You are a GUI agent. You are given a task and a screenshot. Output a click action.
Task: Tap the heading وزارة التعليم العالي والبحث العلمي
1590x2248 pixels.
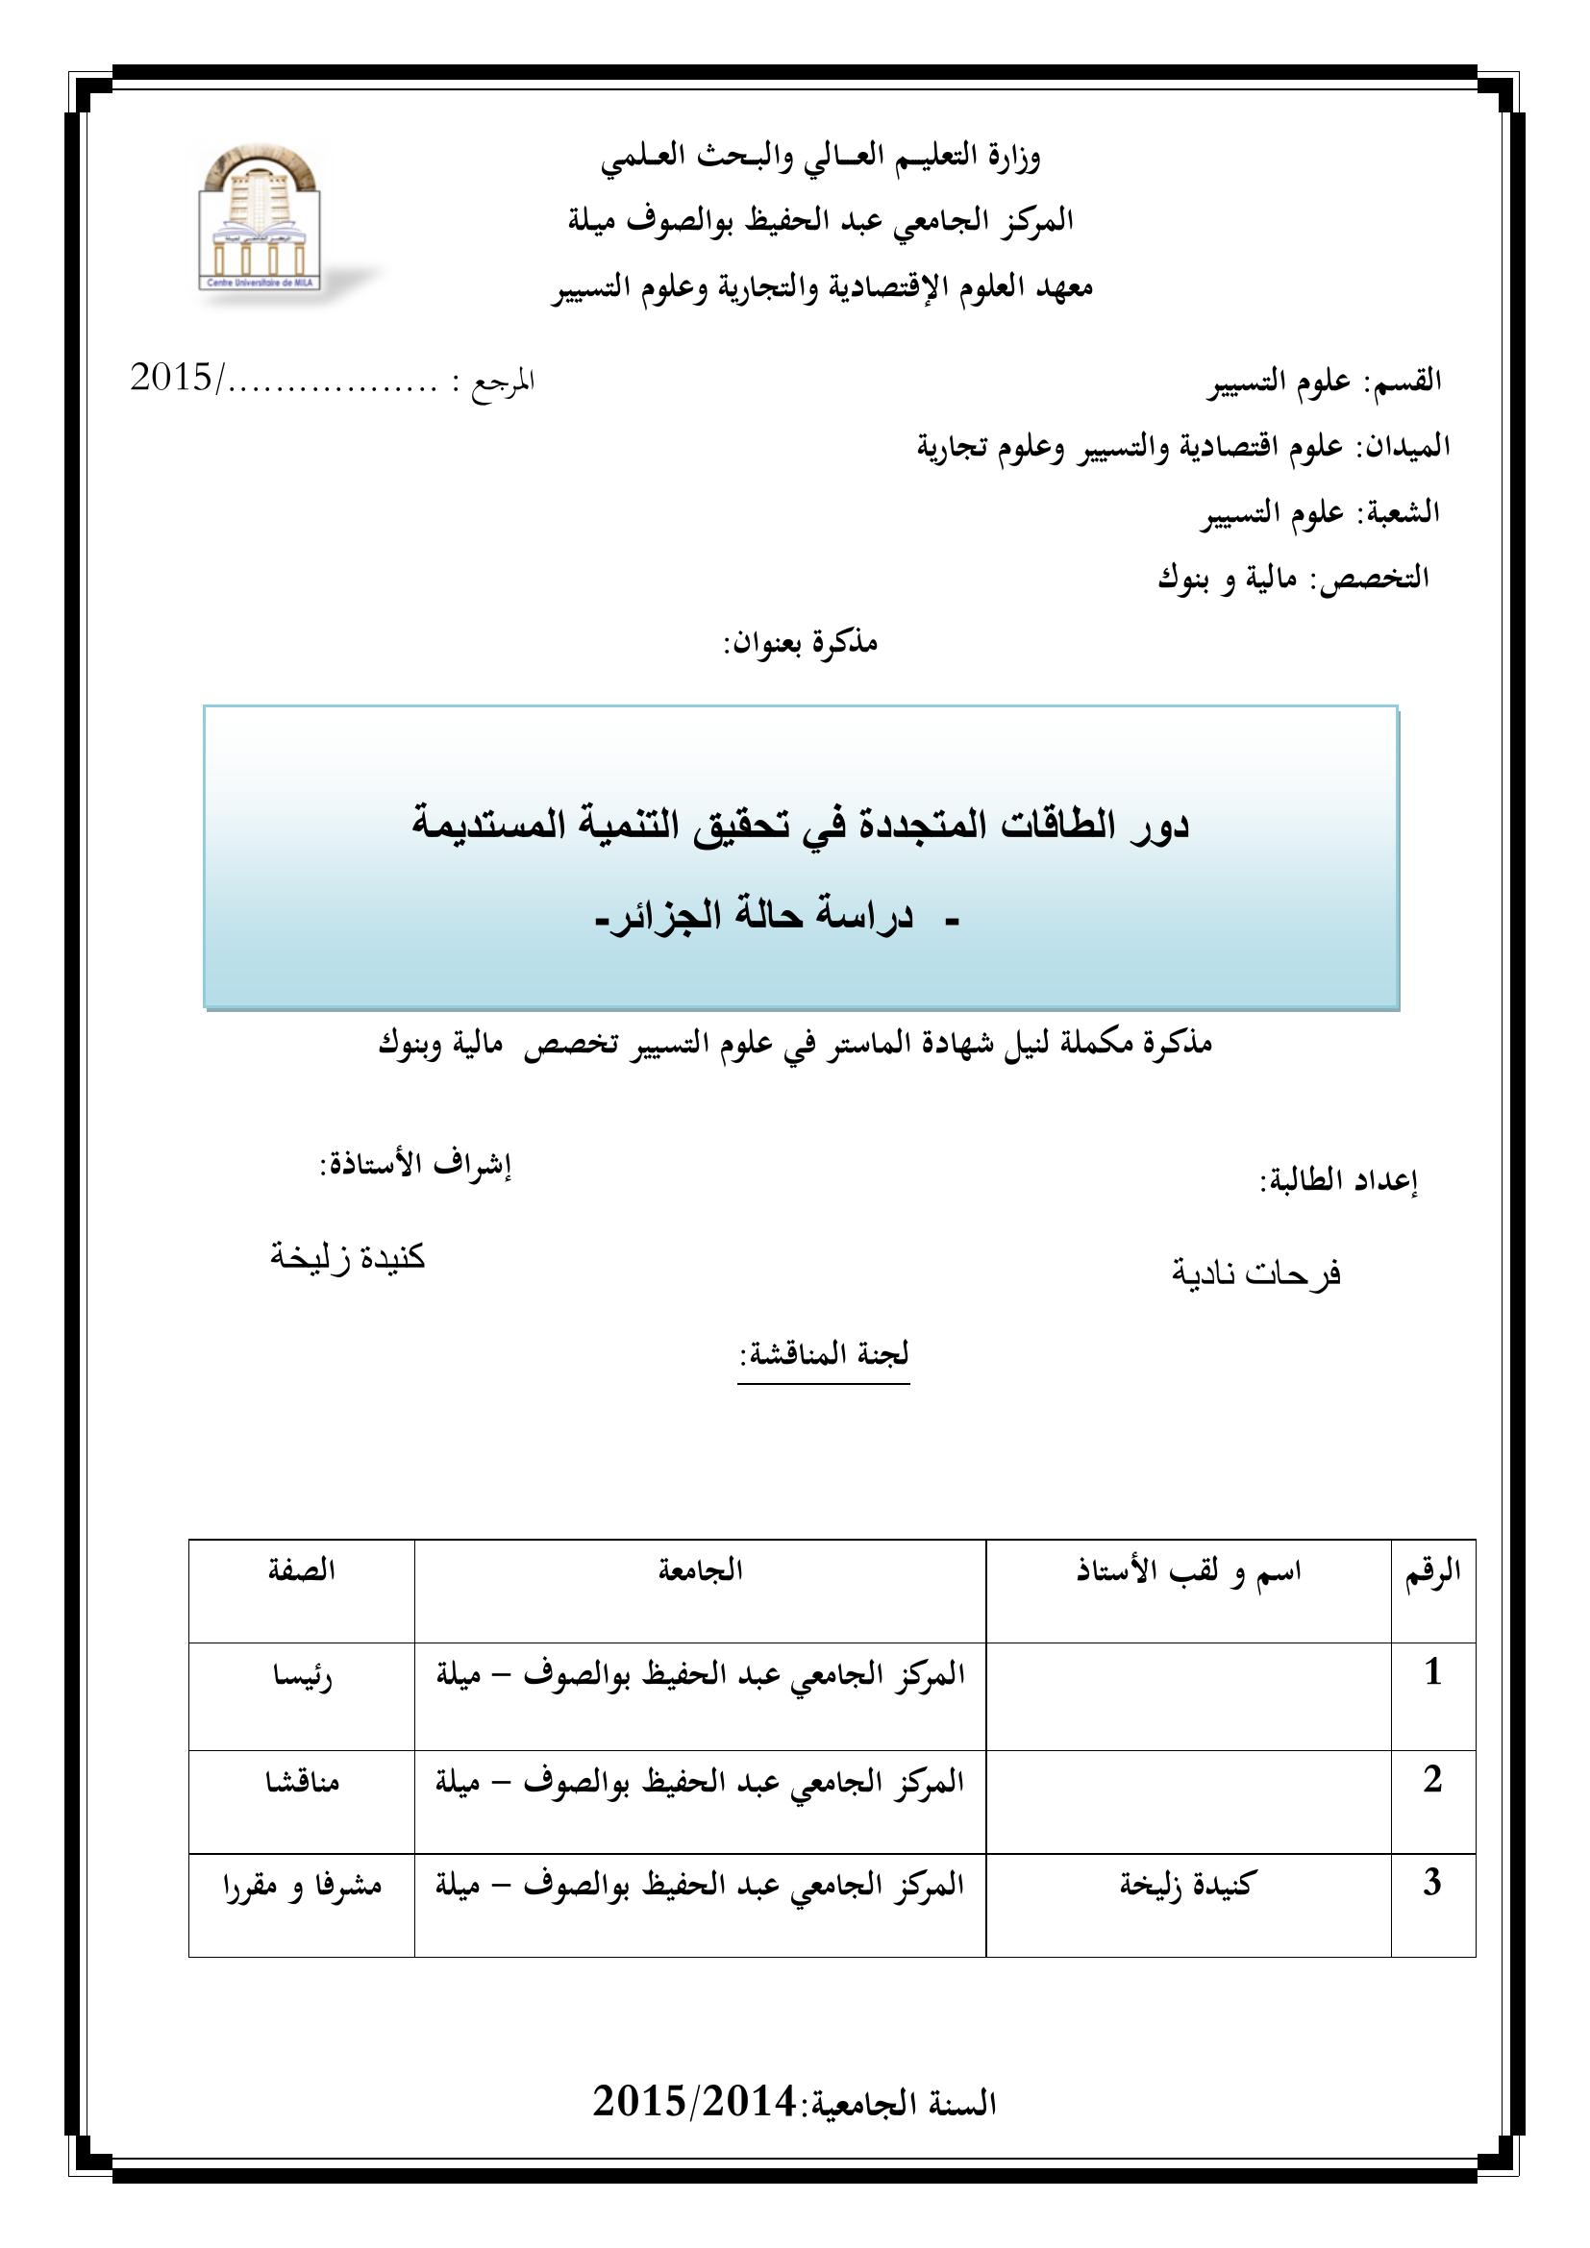(x=820, y=158)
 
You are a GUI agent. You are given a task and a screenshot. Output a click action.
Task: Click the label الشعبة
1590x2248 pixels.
(x=1403, y=511)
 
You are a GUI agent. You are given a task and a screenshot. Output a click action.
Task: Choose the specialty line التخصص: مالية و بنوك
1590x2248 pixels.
(x=1292, y=578)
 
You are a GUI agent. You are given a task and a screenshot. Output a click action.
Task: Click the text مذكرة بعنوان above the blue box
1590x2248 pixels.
(x=800, y=642)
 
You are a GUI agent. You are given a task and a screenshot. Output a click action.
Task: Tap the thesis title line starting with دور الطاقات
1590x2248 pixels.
(x=800, y=825)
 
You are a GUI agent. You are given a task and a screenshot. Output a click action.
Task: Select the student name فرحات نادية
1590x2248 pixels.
(x=1256, y=1273)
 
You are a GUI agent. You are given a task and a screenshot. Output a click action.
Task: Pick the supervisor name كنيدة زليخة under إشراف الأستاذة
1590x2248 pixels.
(x=348, y=1256)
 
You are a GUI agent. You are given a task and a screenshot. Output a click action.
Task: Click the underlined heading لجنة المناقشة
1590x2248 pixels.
(x=824, y=1354)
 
